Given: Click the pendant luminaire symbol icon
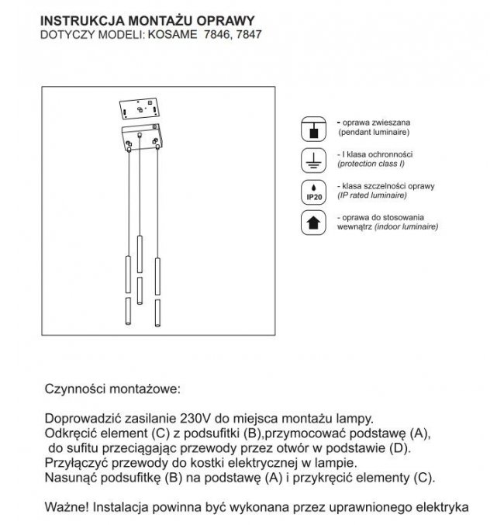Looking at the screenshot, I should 313,129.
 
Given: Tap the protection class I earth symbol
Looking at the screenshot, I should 313,161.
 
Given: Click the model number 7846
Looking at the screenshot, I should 215,35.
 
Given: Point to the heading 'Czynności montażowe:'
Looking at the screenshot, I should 112,385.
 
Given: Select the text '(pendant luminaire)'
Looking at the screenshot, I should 368,133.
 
